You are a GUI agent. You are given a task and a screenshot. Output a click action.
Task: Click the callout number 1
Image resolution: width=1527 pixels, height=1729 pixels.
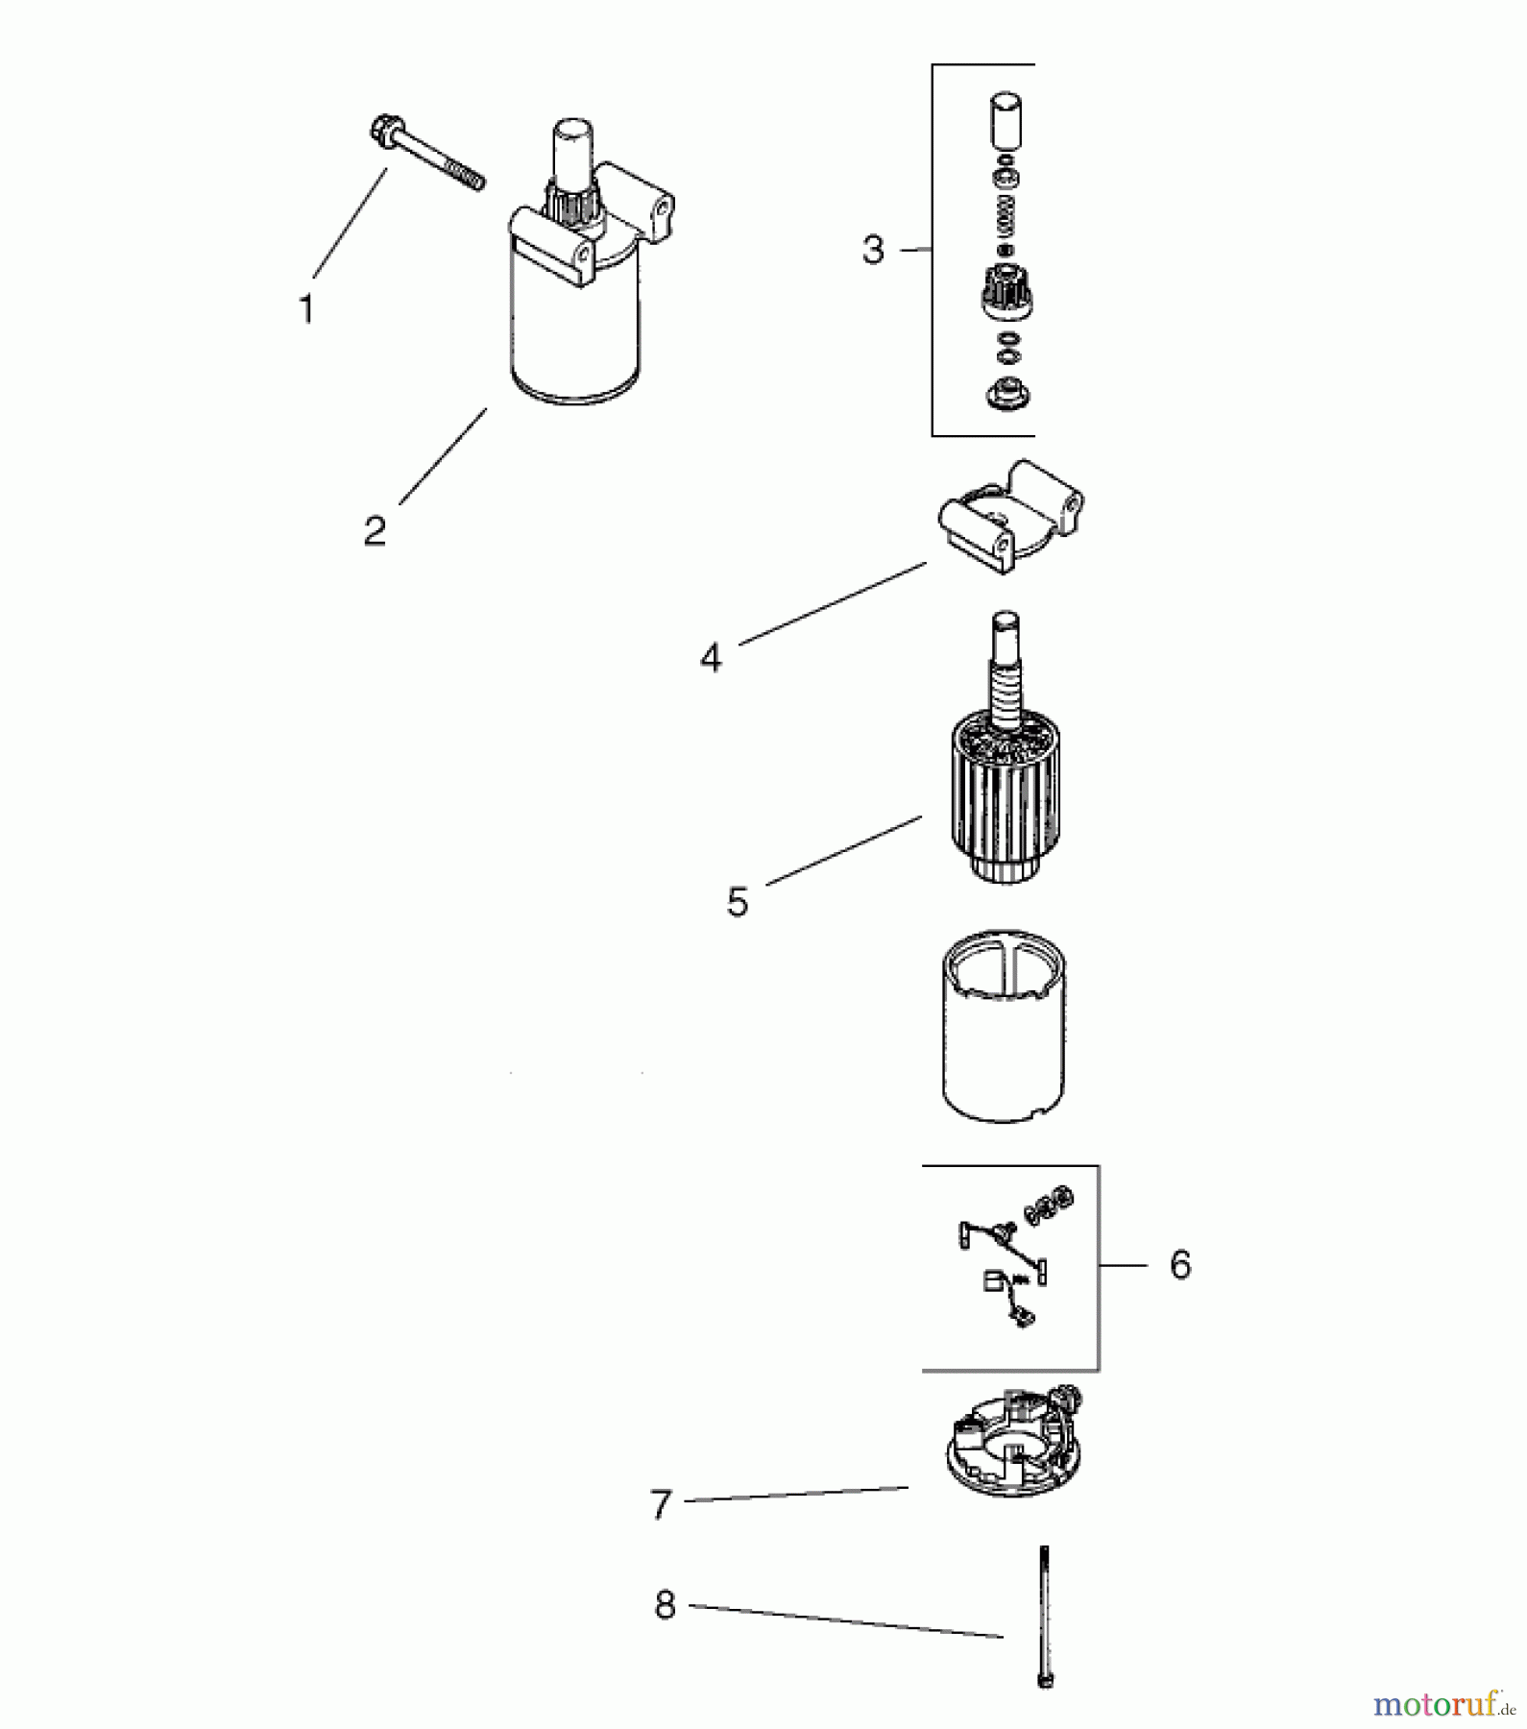coord(306,309)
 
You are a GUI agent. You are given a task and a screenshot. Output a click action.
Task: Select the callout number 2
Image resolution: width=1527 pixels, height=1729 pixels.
coord(375,530)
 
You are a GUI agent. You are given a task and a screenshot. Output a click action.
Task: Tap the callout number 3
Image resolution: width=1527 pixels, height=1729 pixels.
coord(872,250)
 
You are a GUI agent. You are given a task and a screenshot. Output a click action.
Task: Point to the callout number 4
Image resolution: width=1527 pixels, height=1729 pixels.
coord(711,658)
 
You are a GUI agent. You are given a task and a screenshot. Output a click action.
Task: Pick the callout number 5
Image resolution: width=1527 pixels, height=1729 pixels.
coord(737,902)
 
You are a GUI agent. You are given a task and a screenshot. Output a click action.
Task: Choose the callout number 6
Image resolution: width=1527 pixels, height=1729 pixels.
coord(1180,1264)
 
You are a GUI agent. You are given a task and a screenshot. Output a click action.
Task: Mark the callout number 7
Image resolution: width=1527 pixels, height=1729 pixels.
coord(660,1505)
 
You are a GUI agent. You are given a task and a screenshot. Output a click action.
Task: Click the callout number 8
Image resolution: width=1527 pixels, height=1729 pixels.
coord(665,1605)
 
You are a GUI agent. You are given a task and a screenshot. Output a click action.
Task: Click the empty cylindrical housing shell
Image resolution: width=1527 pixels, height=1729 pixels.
coord(1004,1026)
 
